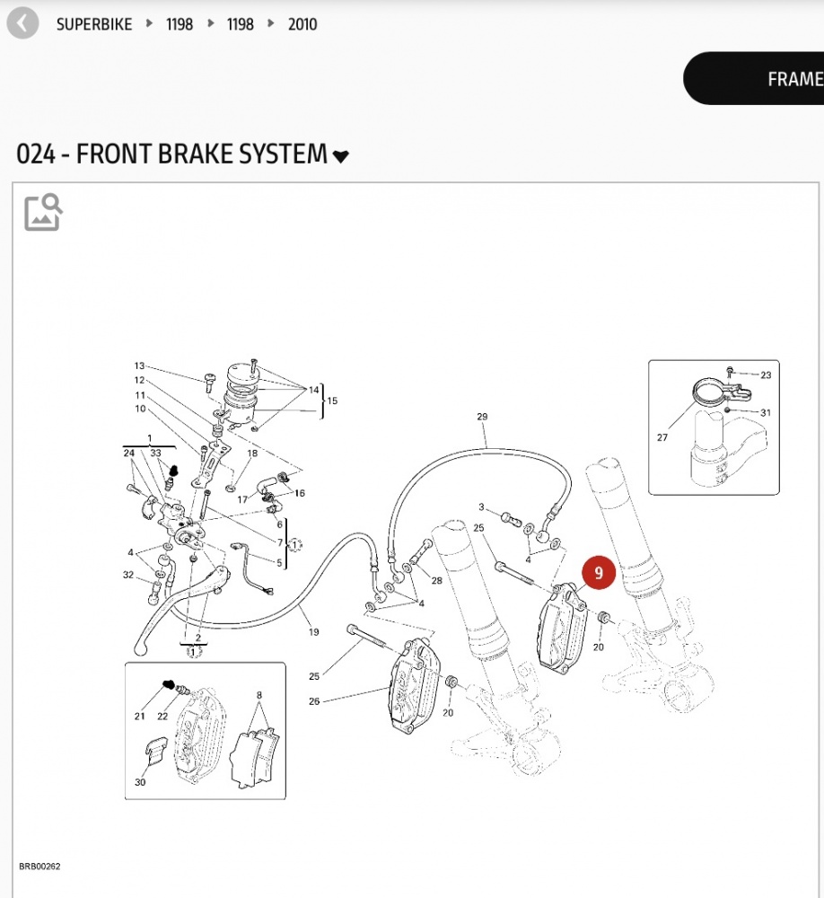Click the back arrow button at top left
(x=22, y=23)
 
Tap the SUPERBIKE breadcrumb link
(x=93, y=24)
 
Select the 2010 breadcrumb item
(x=302, y=24)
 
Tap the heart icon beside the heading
(x=340, y=157)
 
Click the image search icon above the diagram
(x=43, y=212)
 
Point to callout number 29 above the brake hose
(x=482, y=417)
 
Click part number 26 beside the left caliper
(x=314, y=700)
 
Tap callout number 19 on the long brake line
(x=313, y=632)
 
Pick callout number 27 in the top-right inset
(x=662, y=437)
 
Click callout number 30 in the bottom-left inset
(x=140, y=782)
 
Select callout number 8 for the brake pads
(x=259, y=695)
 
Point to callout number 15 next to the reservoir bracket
(x=332, y=400)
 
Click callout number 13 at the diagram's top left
(x=139, y=365)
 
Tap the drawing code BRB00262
(x=39, y=867)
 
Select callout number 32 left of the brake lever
(x=128, y=575)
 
